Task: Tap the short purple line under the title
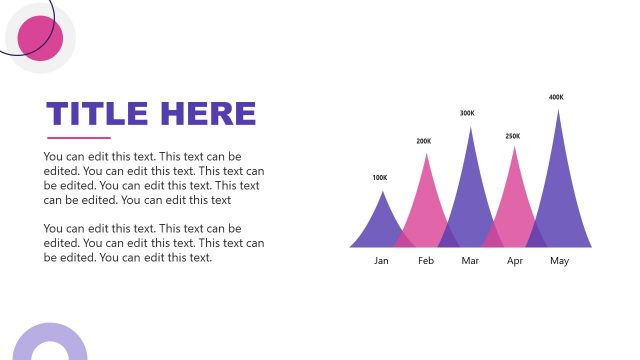coord(79,138)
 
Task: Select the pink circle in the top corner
coord(41,38)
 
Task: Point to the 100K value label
coord(379,178)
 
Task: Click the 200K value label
coord(424,141)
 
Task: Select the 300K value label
coord(467,113)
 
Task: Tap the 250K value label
coord(513,136)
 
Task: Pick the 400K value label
coord(556,97)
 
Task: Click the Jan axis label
coord(381,261)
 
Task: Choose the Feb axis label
coord(426,261)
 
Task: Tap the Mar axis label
coord(470,261)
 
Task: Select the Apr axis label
coord(515,261)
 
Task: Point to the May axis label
coord(559,261)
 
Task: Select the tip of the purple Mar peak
coord(470,127)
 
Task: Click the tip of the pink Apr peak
coord(515,148)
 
